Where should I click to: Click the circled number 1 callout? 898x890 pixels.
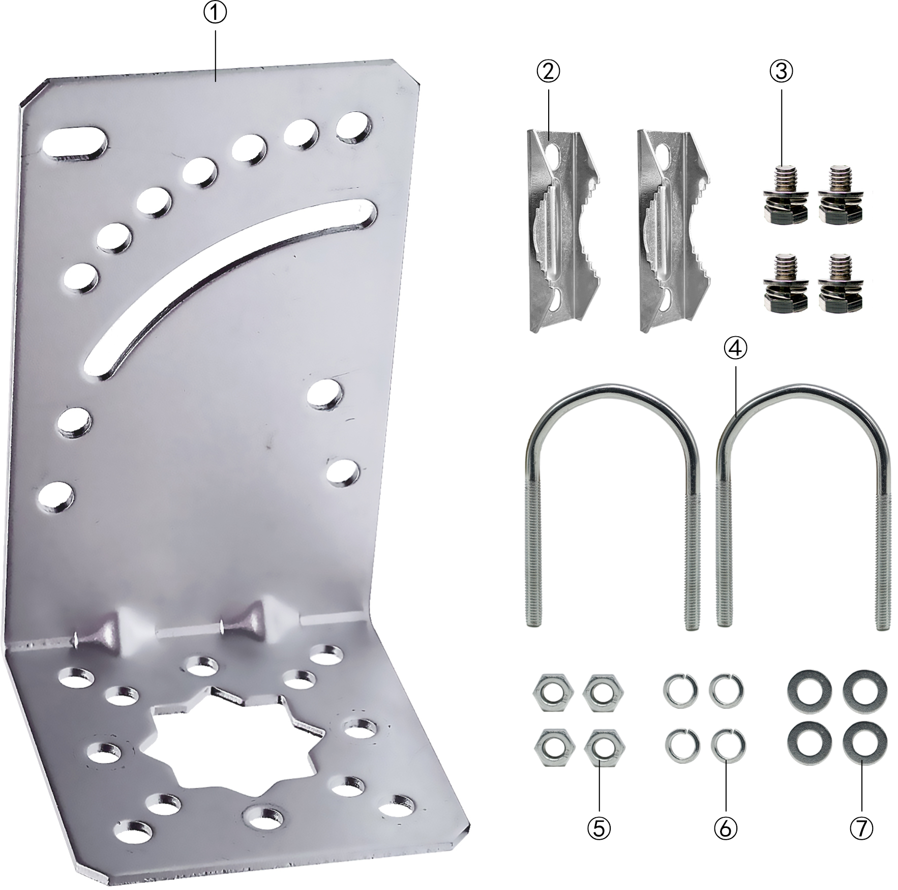(215, 14)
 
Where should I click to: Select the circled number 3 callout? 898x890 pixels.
(781, 72)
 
